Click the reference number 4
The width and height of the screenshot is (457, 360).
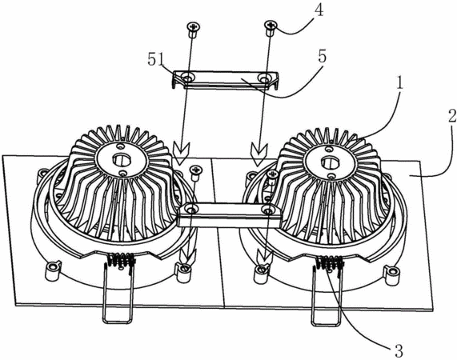319,10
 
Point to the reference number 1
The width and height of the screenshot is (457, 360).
400,83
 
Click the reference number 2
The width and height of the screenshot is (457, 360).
451,116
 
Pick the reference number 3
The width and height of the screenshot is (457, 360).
399,350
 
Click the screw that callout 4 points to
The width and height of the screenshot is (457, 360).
271,28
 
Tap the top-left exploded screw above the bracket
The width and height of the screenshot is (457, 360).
192,30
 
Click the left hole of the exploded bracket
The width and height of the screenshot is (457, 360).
186,78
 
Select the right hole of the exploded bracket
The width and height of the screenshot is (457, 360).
264,78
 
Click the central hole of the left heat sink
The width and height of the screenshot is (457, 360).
120,159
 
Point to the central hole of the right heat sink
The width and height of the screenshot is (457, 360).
328,161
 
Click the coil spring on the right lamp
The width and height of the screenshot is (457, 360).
329,262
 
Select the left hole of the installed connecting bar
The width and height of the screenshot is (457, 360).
191,209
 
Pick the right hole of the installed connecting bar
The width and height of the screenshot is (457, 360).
267,209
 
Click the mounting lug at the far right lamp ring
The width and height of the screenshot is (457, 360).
392,274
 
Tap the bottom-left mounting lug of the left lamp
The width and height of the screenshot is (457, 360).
53,270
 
